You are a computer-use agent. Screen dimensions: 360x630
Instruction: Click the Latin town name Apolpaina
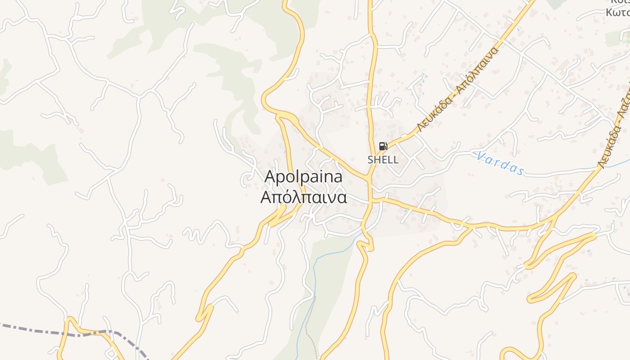pos(303,177)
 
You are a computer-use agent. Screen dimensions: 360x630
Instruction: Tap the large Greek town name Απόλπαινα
pos(303,198)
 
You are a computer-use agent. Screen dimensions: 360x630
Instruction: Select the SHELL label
pos(383,160)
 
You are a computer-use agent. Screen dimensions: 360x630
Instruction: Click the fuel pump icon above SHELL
pos(383,146)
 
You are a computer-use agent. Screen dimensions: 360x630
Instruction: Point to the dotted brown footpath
pos(312,328)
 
